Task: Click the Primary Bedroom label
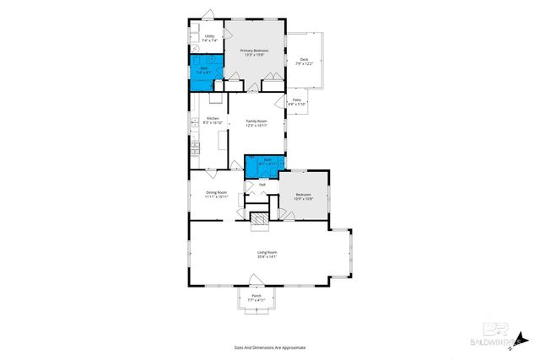(x=254, y=51)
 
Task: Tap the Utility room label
(x=197, y=36)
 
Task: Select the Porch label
(x=256, y=296)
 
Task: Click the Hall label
(x=262, y=184)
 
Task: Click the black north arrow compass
(x=524, y=341)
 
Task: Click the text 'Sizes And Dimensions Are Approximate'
(x=269, y=347)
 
